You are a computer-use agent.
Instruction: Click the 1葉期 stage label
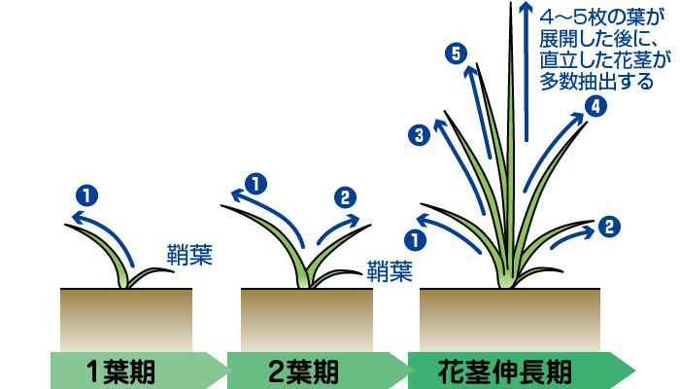tap(121, 371)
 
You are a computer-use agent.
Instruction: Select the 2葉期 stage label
tap(303, 371)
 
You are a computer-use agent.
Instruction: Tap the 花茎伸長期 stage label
tap(504, 371)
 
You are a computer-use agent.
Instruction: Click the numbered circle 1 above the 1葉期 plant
tap(86, 195)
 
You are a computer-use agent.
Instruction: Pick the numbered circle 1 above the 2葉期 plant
tap(255, 184)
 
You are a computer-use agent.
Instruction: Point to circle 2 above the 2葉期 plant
tap(345, 197)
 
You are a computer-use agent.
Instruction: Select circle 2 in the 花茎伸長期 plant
tap(609, 227)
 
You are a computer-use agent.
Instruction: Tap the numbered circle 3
tap(419, 135)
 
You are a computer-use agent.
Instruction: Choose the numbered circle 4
tap(595, 106)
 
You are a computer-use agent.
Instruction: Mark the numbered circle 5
tap(456, 53)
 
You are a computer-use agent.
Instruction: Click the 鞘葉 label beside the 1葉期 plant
tap(189, 255)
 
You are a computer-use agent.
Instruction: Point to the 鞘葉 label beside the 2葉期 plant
tap(390, 270)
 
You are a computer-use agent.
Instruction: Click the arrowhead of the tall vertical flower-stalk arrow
tap(526, 8)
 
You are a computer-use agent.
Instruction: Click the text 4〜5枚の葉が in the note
tap(602, 17)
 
